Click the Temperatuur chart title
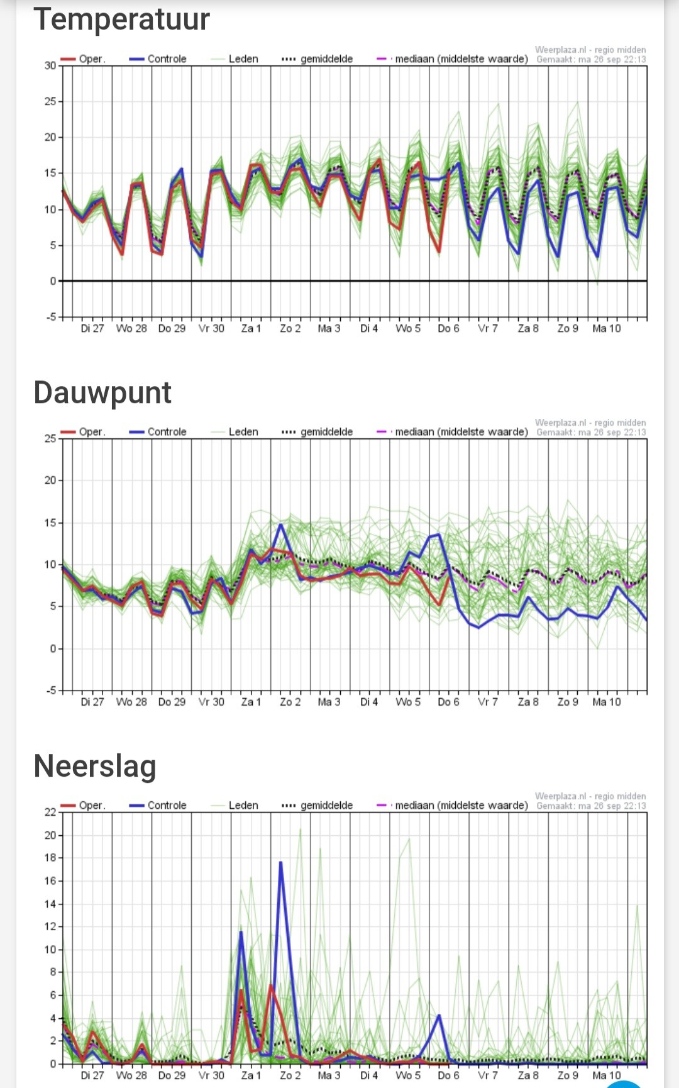pyautogui.click(x=121, y=19)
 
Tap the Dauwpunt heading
pyautogui.click(x=102, y=393)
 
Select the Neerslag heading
pyautogui.click(x=95, y=766)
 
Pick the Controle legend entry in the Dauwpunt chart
pyautogui.click(x=158, y=432)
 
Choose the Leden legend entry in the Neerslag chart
pyautogui.click(x=235, y=805)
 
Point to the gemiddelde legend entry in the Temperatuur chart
pyautogui.click(x=317, y=59)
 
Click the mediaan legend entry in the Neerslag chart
pyautogui.click(x=452, y=805)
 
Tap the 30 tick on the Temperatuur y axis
pyautogui.click(x=50, y=65)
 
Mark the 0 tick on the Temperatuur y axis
pyautogui.click(x=53, y=281)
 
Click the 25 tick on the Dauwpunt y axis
pyautogui.click(x=50, y=438)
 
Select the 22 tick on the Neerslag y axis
pyautogui.click(x=50, y=812)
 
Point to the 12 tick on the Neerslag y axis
pyautogui.click(x=50, y=926)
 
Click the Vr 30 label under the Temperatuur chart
pyautogui.click(x=211, y=328)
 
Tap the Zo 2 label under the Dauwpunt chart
pyautogui.click(x=290, y=702)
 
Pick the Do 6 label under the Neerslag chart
pyautogui.click(x=449, y=1075)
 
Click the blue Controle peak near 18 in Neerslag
pyautogui.click(x=280, y=862)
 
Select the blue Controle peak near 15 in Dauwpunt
pyautogui.click(x=281, y=525)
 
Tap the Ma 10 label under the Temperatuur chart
pyautogui.click(x=607, y=328)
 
